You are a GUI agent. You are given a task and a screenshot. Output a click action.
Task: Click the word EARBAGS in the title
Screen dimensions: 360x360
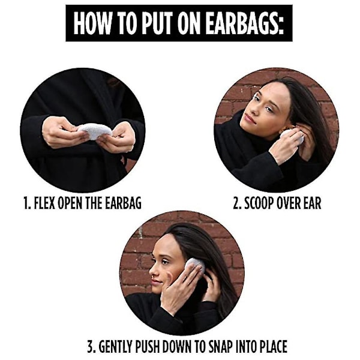244,23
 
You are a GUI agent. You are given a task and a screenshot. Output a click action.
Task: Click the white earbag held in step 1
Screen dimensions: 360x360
95,131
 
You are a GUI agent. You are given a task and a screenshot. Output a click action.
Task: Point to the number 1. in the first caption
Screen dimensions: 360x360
28,203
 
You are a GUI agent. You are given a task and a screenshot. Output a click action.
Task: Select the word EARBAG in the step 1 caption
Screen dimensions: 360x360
123,203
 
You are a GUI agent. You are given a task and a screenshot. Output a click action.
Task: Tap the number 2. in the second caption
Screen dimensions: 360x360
237,203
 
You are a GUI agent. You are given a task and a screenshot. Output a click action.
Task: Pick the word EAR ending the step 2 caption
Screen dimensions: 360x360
313,203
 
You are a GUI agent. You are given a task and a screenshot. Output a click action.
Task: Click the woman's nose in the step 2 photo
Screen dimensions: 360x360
256,110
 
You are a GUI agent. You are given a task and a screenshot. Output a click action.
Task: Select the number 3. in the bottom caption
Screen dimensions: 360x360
91,346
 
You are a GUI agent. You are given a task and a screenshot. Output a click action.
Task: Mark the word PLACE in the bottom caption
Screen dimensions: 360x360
273,346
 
